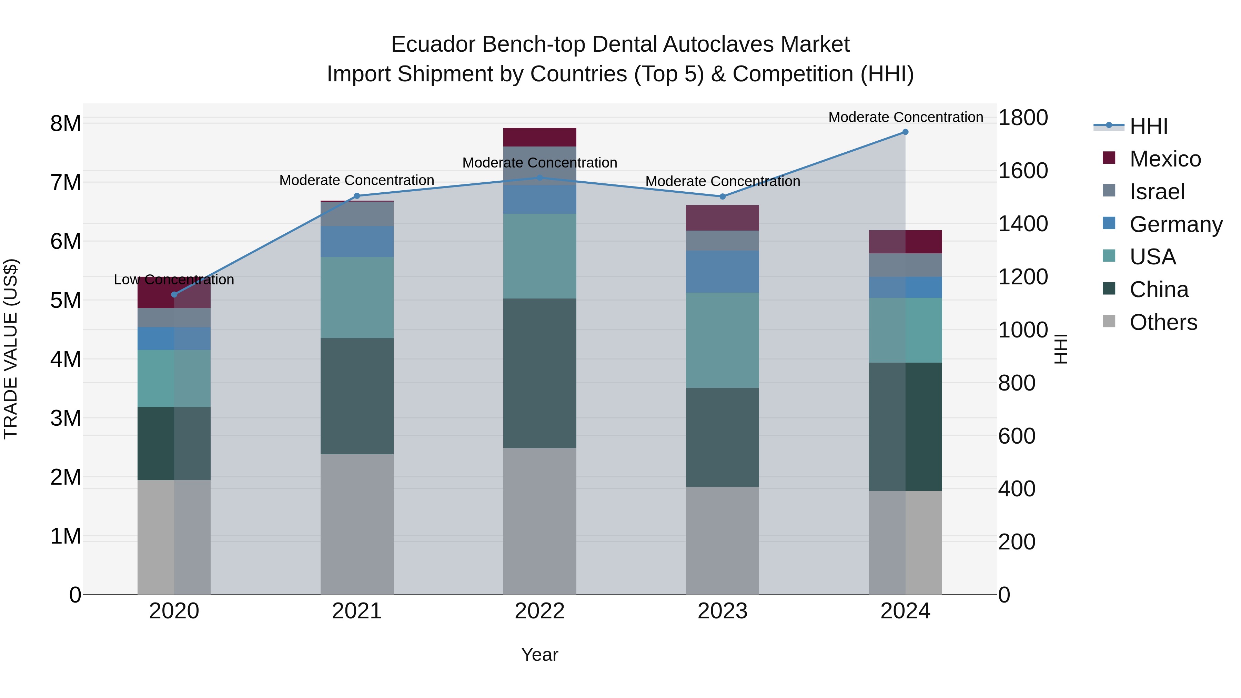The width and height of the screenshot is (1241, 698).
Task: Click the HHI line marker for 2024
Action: point(905,132)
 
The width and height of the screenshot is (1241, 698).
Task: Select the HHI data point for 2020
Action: point(174,294)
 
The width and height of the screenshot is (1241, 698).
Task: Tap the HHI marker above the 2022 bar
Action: point(539,178)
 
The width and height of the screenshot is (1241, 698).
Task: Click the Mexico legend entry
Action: point(1164,159)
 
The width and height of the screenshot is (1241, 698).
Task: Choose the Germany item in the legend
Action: point(1175,224)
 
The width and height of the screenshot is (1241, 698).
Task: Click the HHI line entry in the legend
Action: point(1148,126)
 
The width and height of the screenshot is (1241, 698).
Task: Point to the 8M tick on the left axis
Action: point(65,124)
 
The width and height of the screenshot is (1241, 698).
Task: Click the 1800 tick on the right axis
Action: point(1023,118)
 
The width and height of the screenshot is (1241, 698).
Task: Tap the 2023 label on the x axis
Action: point(722,611)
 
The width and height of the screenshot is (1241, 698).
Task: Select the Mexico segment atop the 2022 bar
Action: point(539,137)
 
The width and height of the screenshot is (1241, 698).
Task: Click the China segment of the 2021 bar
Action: point(357,396)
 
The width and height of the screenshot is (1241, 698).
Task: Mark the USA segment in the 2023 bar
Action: point(722,340)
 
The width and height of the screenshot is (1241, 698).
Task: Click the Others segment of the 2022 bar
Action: point(539,521)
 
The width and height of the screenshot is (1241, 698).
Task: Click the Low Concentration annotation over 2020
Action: point(174,280)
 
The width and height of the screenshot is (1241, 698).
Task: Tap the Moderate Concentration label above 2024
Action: point(905,117)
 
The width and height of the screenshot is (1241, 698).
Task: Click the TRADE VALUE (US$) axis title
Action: point(11,349)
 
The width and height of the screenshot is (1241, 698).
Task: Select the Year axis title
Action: point(539,655)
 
